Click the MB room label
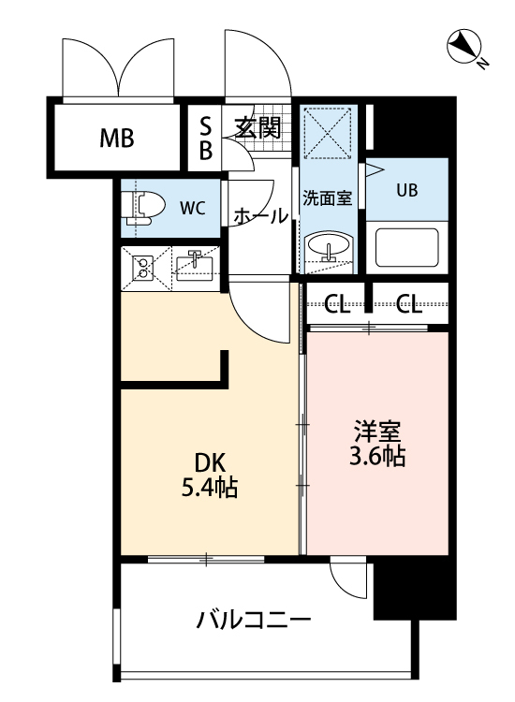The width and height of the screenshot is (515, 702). coord(117,140)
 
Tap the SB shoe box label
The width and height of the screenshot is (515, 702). coord(206,138)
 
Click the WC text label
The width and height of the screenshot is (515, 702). coord(193,208)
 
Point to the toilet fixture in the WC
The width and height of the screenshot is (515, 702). coord(142,206)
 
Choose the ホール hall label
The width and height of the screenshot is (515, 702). coord(260,215)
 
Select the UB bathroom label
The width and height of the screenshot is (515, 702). coord(406,190)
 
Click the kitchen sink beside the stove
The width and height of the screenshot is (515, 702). coord(194,266)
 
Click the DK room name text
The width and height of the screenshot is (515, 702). coord(209,461)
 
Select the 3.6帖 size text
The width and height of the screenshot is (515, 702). coord(377,459)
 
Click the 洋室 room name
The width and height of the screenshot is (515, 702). coord(377,433)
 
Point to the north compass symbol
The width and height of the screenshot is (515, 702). coord(464,47)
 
